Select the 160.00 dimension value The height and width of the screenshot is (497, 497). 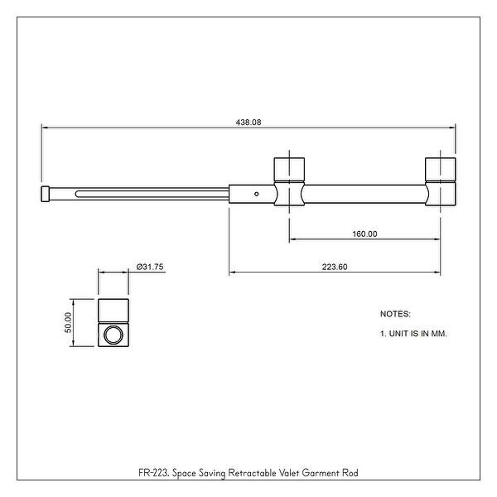[364, 234]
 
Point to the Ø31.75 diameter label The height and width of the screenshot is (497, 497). [149, 266]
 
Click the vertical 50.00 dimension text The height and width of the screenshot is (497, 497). [70, 322]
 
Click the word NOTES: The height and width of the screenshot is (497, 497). [395, 315]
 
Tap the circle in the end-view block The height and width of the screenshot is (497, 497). [113, 335]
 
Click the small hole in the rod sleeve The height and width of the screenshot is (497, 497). [257, 194]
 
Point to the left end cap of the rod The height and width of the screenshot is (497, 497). [45, 194]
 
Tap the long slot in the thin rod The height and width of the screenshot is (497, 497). [149, 195]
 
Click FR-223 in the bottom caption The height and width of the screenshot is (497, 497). [154, 474]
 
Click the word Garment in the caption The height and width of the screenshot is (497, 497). [316, 474]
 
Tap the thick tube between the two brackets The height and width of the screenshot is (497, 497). [364, 194]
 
